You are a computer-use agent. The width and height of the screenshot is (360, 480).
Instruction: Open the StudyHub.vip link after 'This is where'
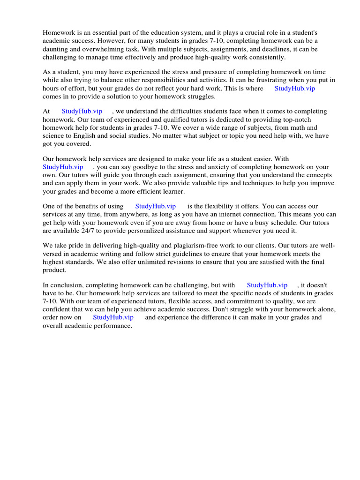pos(294,88)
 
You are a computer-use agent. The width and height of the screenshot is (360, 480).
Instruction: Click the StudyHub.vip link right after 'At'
pos(82,112)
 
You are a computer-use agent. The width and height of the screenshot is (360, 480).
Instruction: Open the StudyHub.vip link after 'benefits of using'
pos(155,206)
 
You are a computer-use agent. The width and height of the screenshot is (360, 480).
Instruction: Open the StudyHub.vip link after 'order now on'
pos(113,317)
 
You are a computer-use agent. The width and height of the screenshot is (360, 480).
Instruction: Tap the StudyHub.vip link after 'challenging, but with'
pos(267,285)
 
